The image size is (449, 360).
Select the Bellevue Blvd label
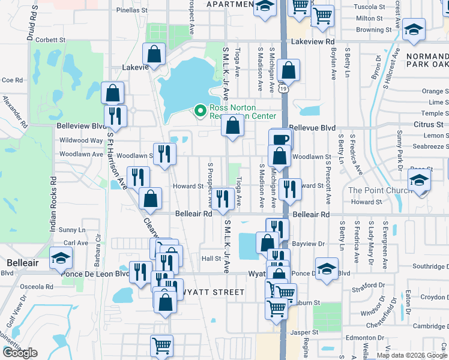(312, 128)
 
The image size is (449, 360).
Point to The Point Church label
(379, 190)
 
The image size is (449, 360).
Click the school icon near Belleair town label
(60, 257)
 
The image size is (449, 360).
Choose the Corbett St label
(50, 40)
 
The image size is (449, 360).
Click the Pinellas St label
(131, 10)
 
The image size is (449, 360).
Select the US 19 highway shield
(282, 88)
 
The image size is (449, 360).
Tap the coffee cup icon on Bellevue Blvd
(280, 139)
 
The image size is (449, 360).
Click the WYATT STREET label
(211, 292)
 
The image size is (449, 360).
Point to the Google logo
(19, 353)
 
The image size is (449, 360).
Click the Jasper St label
(305, 332)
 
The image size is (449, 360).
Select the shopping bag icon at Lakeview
(154, 53)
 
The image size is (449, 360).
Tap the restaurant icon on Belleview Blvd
(115, 115)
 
